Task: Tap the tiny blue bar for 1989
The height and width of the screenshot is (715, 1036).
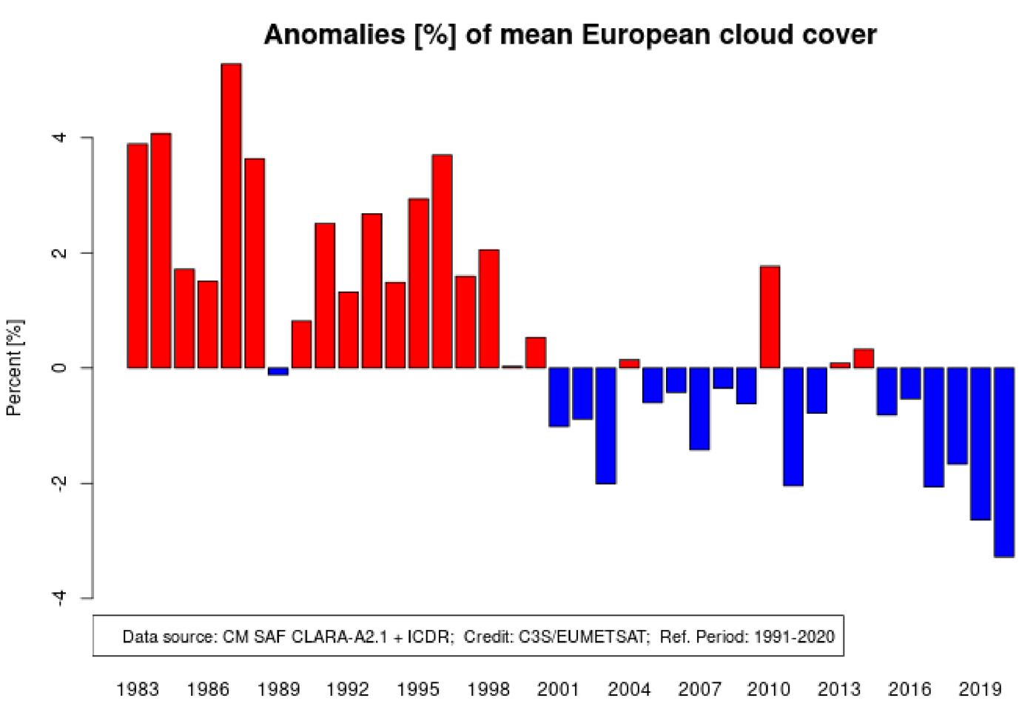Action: pos(277,372)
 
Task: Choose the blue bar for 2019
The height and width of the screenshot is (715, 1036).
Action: pos(980,444)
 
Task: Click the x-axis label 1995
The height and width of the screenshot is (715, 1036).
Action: pos(418,690)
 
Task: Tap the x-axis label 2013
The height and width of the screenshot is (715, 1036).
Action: pos(839,690)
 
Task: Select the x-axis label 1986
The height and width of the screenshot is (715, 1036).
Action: pos(208,690)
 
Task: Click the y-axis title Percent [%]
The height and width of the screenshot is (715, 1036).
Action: pos(15,368)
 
